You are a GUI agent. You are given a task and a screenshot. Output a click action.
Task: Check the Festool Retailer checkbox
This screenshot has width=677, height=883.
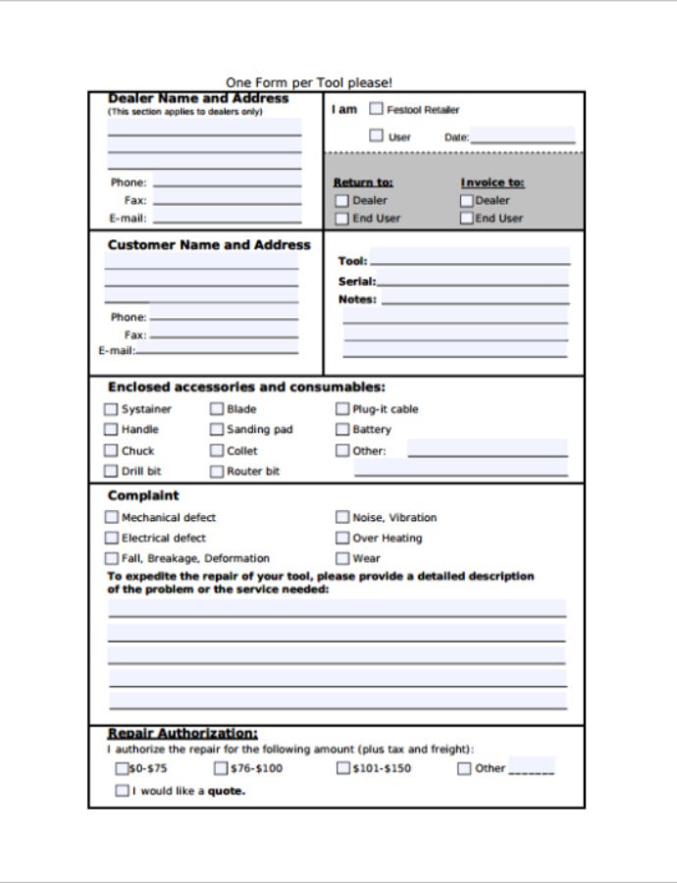coord(376,110)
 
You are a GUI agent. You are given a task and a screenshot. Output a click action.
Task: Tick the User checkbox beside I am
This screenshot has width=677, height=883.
coord(376,136)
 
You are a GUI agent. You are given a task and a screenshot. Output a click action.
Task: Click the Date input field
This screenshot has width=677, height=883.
coord(522,136)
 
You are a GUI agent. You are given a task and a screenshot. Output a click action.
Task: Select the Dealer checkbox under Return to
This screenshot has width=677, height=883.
coord(341,200)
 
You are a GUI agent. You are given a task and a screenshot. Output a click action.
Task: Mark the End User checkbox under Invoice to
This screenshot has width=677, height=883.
coord(467,218)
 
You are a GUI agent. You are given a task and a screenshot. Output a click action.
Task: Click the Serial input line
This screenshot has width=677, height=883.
coord(473,281)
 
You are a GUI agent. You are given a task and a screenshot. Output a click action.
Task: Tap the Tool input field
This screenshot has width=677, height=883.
coord(469,260)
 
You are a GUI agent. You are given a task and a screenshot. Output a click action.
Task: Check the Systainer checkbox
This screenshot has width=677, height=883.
coord(111,409)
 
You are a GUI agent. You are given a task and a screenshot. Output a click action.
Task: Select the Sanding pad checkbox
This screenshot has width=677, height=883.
coord(217,430)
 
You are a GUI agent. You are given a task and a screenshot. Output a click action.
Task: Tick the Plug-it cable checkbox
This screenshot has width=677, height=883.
coord(342,409)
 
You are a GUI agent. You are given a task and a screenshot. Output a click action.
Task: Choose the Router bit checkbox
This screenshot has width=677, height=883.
coord(217,471)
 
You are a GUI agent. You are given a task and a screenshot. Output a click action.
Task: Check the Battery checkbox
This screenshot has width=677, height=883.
coord(342,430)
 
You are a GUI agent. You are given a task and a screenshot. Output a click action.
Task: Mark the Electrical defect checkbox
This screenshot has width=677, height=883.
coord(111,538)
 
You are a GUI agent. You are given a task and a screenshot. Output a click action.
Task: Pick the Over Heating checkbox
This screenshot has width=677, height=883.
coord(342,538)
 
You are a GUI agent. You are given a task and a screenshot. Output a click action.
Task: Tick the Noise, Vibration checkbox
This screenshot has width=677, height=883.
coord(342,517)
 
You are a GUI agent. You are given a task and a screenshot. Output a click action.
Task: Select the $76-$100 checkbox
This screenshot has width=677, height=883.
coord(221,768)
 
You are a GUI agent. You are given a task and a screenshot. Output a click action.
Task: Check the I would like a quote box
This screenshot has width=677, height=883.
coord(122,790)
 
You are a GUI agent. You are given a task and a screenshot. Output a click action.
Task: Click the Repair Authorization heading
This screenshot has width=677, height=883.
coord(182,733)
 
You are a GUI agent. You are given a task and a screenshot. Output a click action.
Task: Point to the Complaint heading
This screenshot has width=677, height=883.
coord(143,495)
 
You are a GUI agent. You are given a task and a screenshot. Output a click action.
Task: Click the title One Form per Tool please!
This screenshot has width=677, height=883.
coord(309,83)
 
